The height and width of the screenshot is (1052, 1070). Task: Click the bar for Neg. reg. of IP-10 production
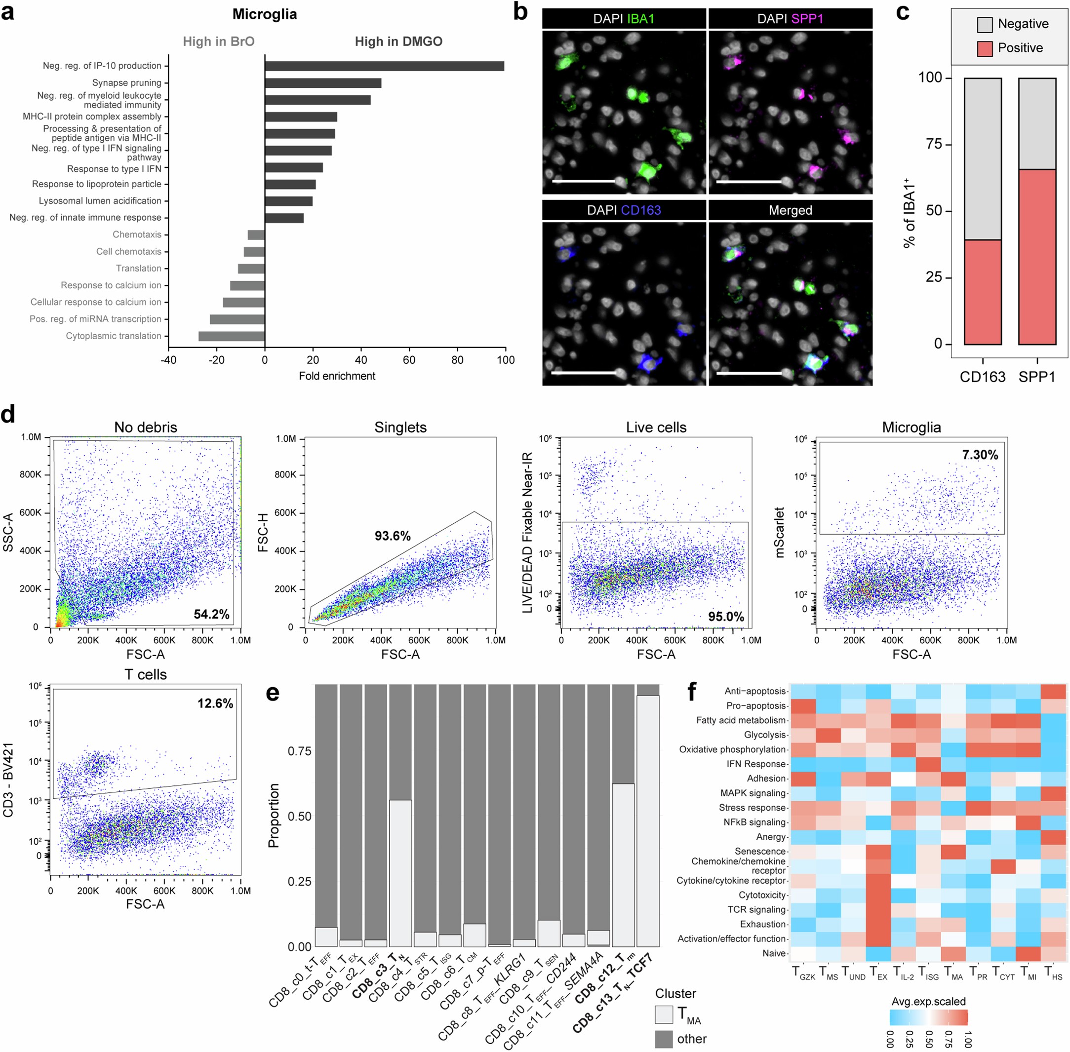(384, 66)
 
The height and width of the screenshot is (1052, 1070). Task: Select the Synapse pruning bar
(323, 83)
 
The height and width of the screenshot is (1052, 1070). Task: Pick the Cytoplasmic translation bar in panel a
(232, 336)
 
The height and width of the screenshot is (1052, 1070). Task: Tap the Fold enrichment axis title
(337, 376)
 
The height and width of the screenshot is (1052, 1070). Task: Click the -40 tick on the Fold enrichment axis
(168, 360)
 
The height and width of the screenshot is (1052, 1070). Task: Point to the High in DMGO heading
(398, 41)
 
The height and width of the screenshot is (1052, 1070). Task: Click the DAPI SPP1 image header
(790, 19)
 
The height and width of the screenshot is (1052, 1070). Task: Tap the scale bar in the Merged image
(750, 372)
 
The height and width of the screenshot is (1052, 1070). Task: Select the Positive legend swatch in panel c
(985, 48)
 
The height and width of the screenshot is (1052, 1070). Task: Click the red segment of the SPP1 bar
(1037, 257)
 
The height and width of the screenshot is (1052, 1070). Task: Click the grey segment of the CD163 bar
(983, 158)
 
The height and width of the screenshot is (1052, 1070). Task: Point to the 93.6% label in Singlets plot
(393, 536)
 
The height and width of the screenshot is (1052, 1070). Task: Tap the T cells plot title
(145, 675)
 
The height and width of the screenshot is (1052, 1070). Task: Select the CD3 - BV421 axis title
(8, 779)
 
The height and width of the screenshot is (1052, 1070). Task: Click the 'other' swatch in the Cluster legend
(664, 1039)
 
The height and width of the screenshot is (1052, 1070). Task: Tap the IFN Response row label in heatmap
(755, 764)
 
